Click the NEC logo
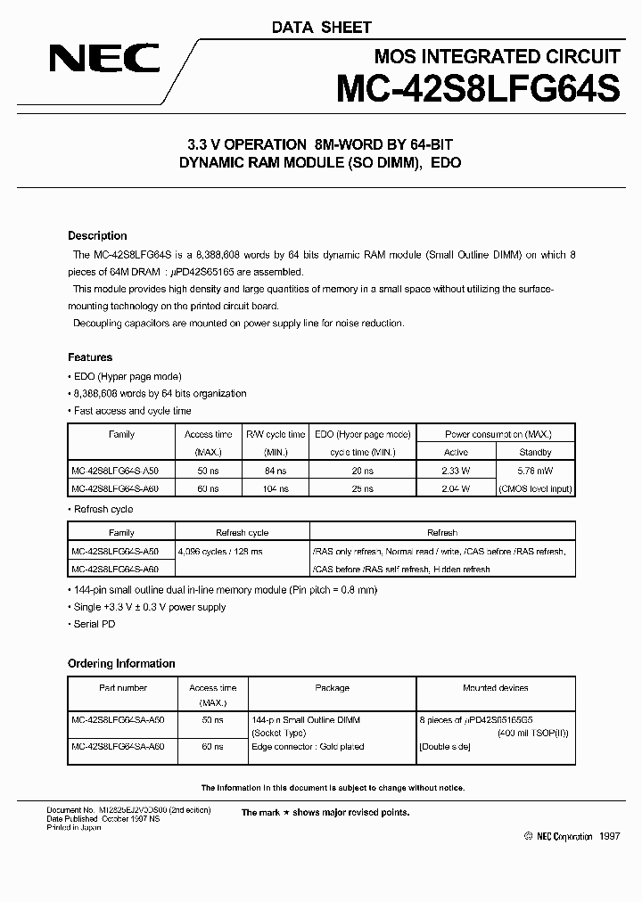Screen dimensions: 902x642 click(x=104, y=60)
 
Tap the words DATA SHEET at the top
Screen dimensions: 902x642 click(x=321, y=28)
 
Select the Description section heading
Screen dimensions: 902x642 click(x=97, y=236)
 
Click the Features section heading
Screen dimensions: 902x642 click(x=90, y=357)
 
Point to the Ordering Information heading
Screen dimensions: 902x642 click(x=121, y=663)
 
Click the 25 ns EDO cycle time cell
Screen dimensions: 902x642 click(x=362, y=488)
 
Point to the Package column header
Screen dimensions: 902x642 click(x=332, y=688)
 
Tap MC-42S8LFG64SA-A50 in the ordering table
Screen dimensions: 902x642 click(x=118, y=718)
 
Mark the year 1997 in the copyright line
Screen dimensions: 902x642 click(x=608, y=836)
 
